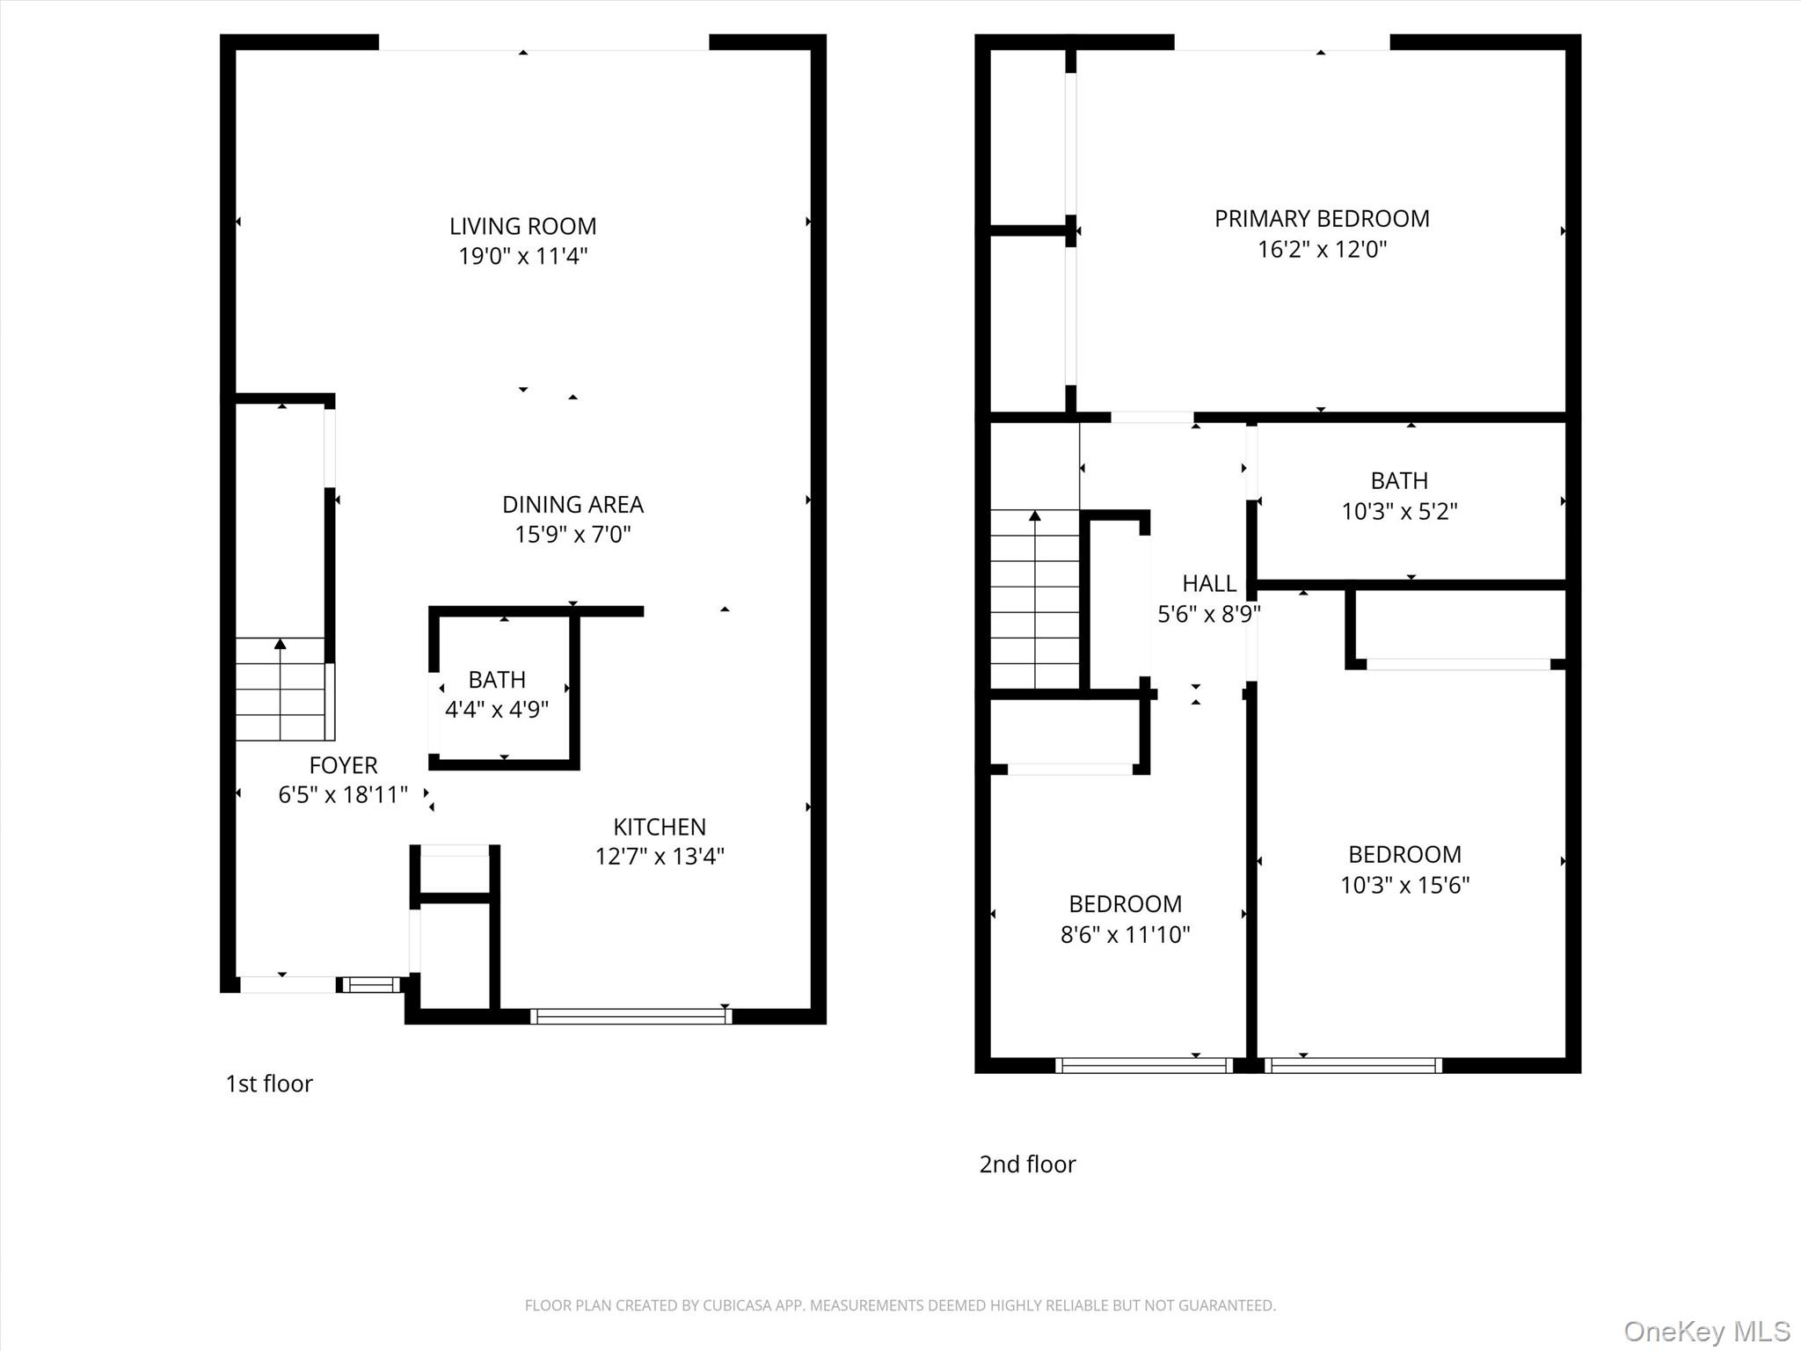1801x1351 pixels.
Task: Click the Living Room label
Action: [x=522, y=226]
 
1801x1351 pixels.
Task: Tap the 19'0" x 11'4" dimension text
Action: [x=522, y=256]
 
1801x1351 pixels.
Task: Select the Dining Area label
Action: [x=572, y=504]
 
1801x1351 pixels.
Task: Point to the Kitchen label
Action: [x=660, y=827]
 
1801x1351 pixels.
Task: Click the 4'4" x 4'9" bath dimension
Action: [x=497, y=709]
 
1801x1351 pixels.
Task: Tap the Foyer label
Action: [x=343, y=765]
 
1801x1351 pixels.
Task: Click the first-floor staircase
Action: [x=281, y=689]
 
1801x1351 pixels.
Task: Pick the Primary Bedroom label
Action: [x=1322, y=218]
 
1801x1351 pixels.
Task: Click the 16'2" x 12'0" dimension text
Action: [x=1322, y=249]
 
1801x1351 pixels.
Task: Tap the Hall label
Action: [x=1209, y=583]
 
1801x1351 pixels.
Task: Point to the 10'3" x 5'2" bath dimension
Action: [x=1399, y=511]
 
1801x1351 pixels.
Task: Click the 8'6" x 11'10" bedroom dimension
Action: [x=1125, y=934]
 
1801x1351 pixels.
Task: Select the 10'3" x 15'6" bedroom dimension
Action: [x=1404, y=885]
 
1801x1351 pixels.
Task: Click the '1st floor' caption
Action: [x=269, y=1084]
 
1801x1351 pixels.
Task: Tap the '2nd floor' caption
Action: [x=1027, y=1165]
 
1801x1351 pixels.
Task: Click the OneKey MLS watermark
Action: [x=1707, y=1331]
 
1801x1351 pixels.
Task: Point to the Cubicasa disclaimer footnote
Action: [x=900, y=1305]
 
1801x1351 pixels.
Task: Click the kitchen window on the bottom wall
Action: [x=631, y=1017]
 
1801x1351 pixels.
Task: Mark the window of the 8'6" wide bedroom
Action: [x=1144, y=1065]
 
